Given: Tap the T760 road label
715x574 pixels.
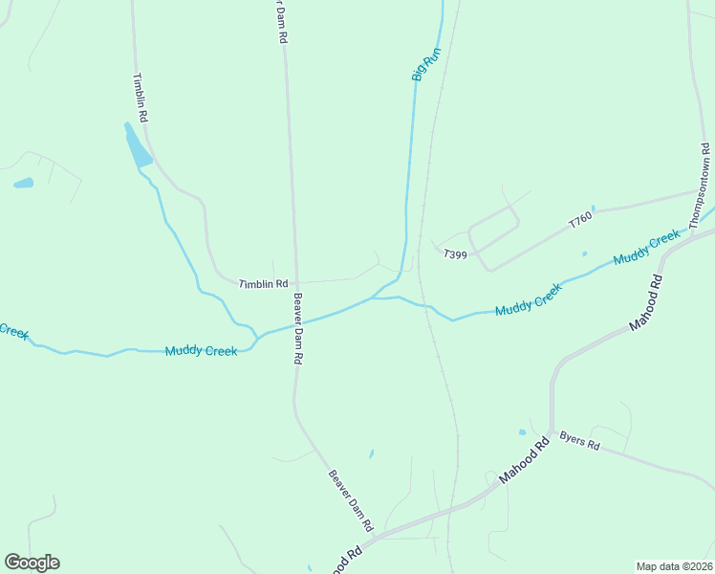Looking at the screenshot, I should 580,221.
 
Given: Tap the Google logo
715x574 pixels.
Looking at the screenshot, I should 32,563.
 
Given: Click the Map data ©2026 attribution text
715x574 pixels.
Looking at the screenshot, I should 673,565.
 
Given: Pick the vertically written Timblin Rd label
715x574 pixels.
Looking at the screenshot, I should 141,98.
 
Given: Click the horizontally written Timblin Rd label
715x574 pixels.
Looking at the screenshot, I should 263,284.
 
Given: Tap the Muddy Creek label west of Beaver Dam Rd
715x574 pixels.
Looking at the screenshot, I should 201,351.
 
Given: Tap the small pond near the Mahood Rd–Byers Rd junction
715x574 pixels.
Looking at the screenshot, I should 522,431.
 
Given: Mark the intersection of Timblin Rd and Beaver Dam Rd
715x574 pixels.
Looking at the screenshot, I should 292,282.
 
